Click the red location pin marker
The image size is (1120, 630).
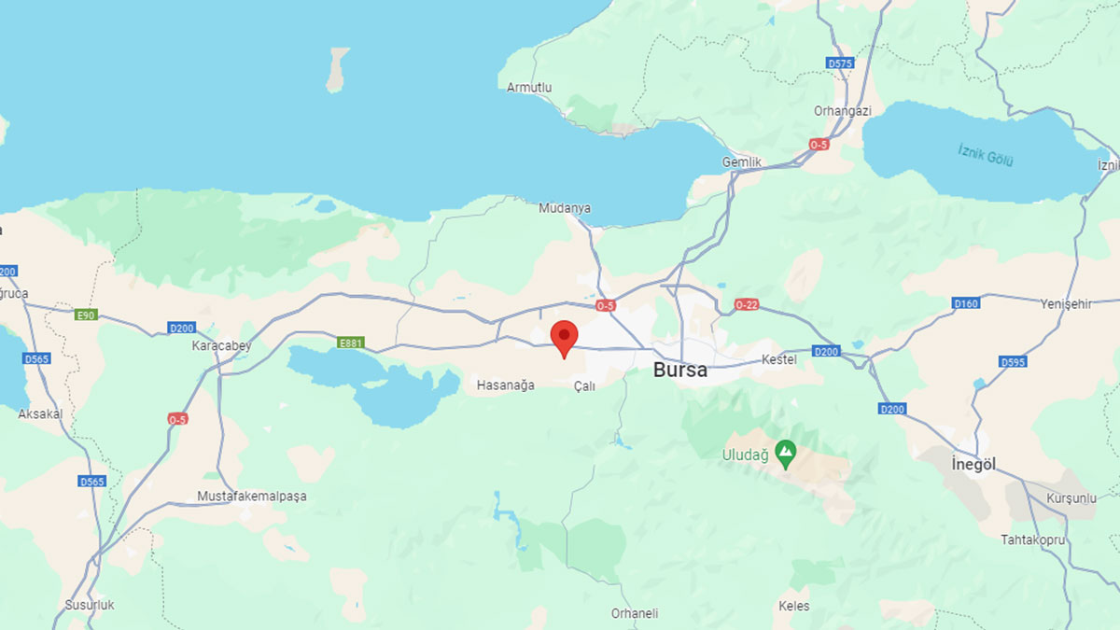564,337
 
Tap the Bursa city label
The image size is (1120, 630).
679,370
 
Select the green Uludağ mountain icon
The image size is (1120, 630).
786,455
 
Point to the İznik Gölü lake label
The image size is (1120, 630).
986,154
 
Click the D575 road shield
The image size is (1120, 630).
840,63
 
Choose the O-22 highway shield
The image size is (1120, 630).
747,304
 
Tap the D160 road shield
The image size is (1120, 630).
965,303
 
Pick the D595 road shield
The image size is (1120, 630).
1012,361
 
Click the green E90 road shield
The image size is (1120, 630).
86,315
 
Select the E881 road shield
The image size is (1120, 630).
351,343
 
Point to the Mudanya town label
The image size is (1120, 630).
565,208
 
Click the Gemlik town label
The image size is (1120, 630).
742,161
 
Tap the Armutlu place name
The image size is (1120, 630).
529,88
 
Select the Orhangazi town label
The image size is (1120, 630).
842,110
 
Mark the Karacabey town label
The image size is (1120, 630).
221,345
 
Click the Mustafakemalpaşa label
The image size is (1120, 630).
251,497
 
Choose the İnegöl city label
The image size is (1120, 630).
973,465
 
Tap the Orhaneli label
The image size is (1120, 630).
635,613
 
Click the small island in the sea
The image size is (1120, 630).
337,70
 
